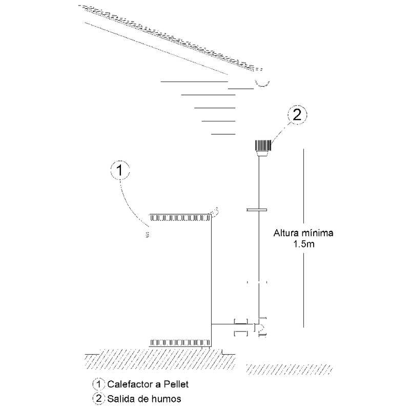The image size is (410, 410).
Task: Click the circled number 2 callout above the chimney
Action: point(297,114)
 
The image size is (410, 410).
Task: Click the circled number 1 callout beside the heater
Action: point(120,170)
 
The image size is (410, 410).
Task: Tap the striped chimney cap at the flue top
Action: point(263,146)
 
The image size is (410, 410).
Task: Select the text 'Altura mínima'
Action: point(303,233)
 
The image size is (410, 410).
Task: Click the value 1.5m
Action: point(303,244)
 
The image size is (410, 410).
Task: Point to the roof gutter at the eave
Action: point(262,83)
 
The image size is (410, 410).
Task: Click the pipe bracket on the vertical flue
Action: point(257,210)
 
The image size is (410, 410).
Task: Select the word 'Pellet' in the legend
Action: point(176,384)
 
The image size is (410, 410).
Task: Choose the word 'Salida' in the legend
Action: point(122,399)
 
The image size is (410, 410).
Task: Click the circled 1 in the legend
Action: point(98,384)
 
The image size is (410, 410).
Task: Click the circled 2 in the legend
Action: point(98,399)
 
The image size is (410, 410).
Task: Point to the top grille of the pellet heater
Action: point(180,217)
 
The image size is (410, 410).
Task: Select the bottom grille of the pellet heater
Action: point(180,343)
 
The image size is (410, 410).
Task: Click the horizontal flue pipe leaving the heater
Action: point(232,324)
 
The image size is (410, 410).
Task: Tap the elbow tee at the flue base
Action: point(260,326)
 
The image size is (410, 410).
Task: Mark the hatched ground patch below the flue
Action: point(289,369)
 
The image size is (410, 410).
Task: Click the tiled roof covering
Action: point(171,37)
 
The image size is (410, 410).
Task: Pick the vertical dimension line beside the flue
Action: point(303,238)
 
